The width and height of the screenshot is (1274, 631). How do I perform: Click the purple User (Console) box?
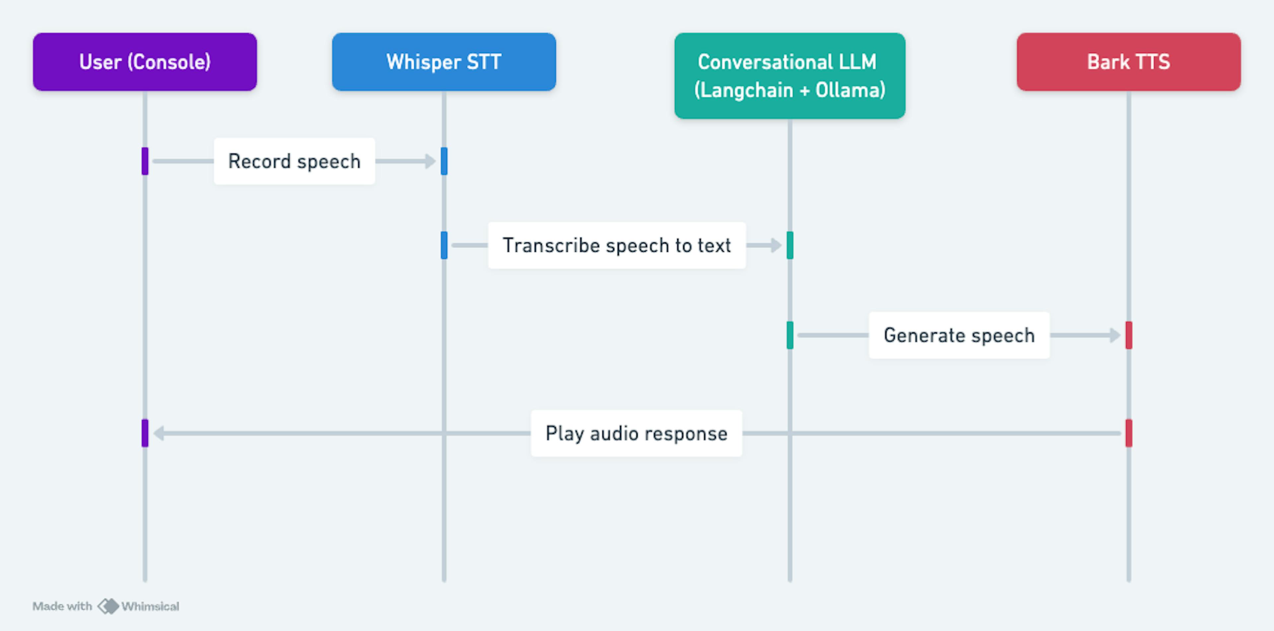click(145, 62)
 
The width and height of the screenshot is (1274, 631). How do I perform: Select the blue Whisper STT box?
click(444, 62)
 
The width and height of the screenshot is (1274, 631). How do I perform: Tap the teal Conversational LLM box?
click(790, 76)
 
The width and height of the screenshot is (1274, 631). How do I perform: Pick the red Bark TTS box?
click(1129, 62)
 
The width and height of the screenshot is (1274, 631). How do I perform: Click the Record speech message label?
click(294, 161)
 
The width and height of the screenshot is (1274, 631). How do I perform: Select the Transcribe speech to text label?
click(617, 245)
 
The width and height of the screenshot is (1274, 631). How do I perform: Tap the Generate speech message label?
click(959, 335)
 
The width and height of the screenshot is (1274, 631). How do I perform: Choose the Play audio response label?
click(637, 433)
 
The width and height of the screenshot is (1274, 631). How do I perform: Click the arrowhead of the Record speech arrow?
click(431, 161)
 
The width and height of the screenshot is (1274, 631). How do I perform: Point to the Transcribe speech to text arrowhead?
click(776, 245)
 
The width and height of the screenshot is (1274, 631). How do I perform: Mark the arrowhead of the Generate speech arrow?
click(1115, 335)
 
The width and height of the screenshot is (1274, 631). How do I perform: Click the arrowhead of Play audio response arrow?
click(159, 433)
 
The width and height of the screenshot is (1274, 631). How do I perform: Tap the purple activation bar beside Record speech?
click(145, 161)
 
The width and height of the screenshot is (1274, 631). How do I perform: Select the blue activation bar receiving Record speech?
click(444, 161)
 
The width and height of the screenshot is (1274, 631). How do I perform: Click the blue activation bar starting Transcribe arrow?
click(444, 245)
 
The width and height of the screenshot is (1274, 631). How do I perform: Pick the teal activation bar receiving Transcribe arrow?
click(790, 245)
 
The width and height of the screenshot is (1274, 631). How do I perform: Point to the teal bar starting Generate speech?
click(790, 335)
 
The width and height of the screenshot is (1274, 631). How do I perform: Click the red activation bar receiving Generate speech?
click(1129, 335)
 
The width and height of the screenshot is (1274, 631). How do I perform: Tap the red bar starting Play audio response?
click(1129, 433)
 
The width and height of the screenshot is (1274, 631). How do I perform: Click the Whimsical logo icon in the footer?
click(108, 606)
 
